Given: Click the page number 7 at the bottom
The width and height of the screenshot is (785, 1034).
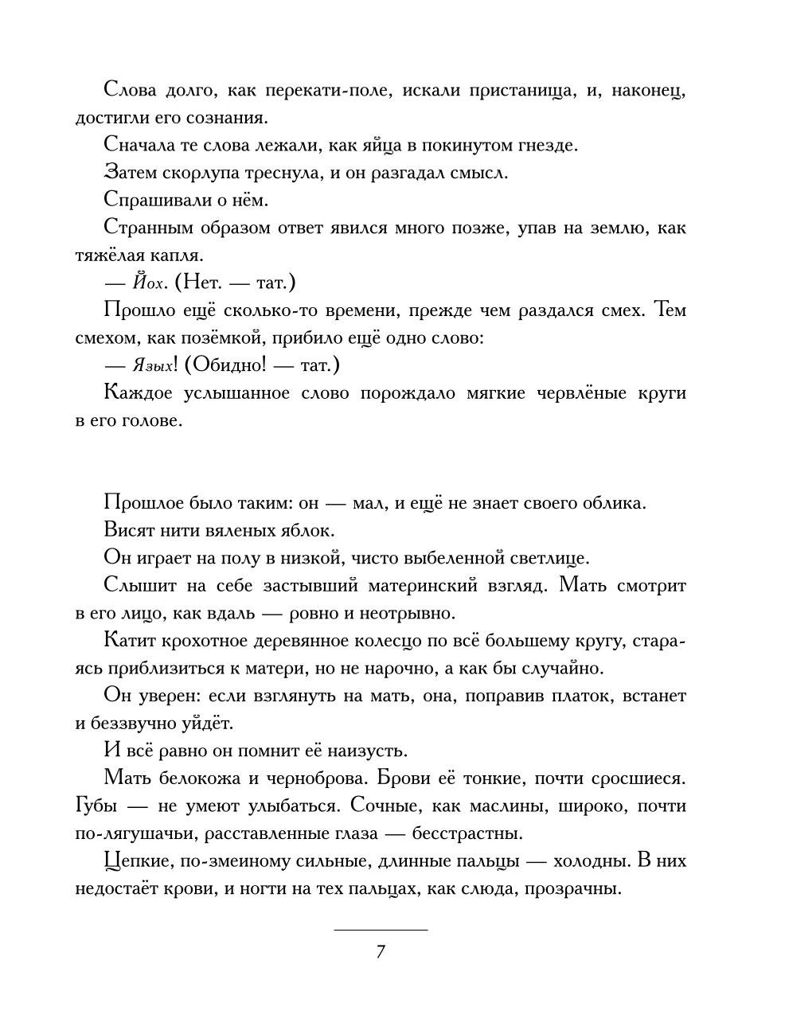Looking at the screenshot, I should coord(381,952).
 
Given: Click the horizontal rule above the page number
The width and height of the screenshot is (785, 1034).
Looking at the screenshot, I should coord(381,930).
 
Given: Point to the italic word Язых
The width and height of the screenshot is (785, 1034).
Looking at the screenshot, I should coord(150,365).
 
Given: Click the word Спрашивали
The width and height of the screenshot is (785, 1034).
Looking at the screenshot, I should coord(150,201).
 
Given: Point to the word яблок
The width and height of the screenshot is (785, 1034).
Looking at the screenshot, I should coord(310,530).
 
